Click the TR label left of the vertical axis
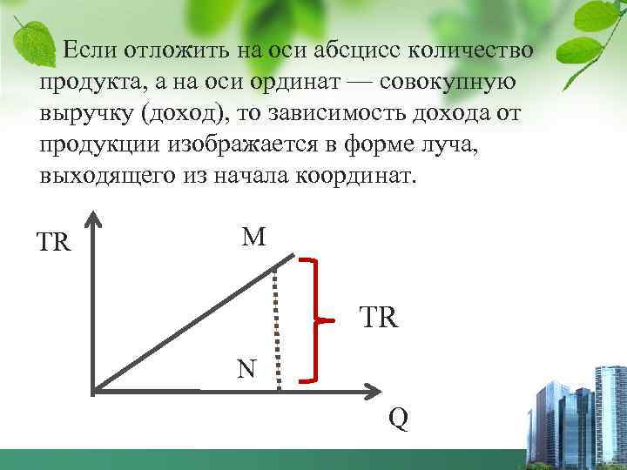pyautogui.click(x=53, y=242)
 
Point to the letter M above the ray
pyautogui.click(x=254, y=237)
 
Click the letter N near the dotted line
pyautogui.click(x=246, y=369)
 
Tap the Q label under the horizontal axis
pyautogui.click(x=397, y=419)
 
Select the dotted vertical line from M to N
pyautogui.click(x=276, y=326)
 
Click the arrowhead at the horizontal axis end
pyautogui.click(x=374, y=388)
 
